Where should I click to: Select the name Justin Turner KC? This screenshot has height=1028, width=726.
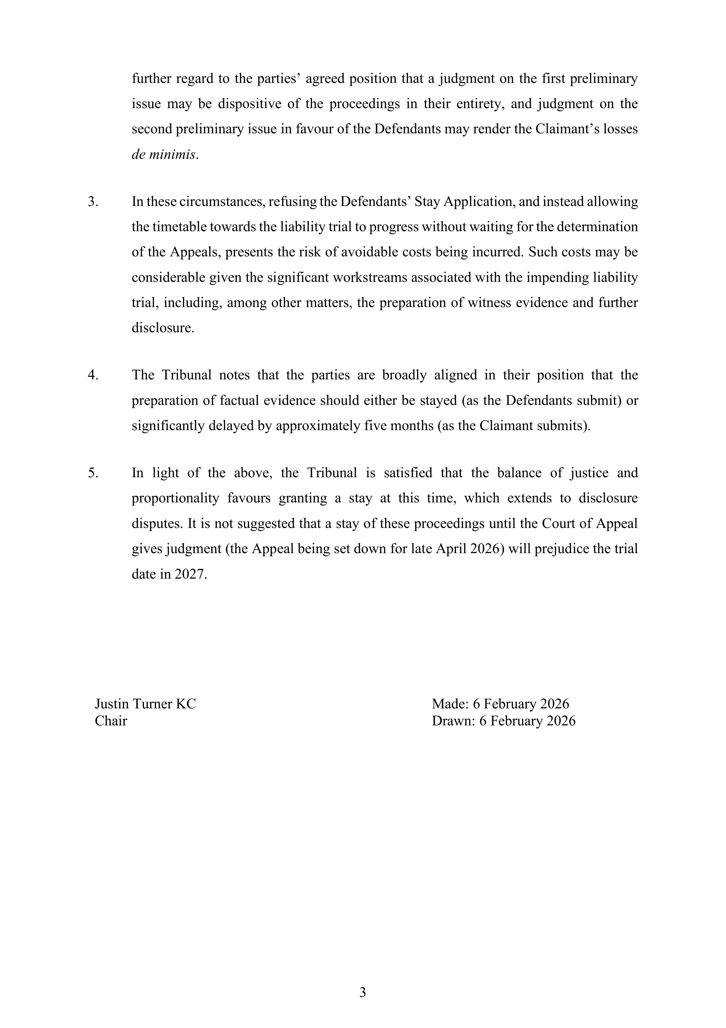[x=145, y=704]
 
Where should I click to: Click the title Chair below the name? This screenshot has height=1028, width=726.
[x=111, y=721]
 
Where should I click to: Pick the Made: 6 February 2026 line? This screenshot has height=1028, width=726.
[x=500, y=704]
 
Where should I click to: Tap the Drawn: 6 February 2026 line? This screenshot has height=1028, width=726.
[x=503, y=721]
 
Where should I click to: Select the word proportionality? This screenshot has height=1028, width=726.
[x=175, y=498]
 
